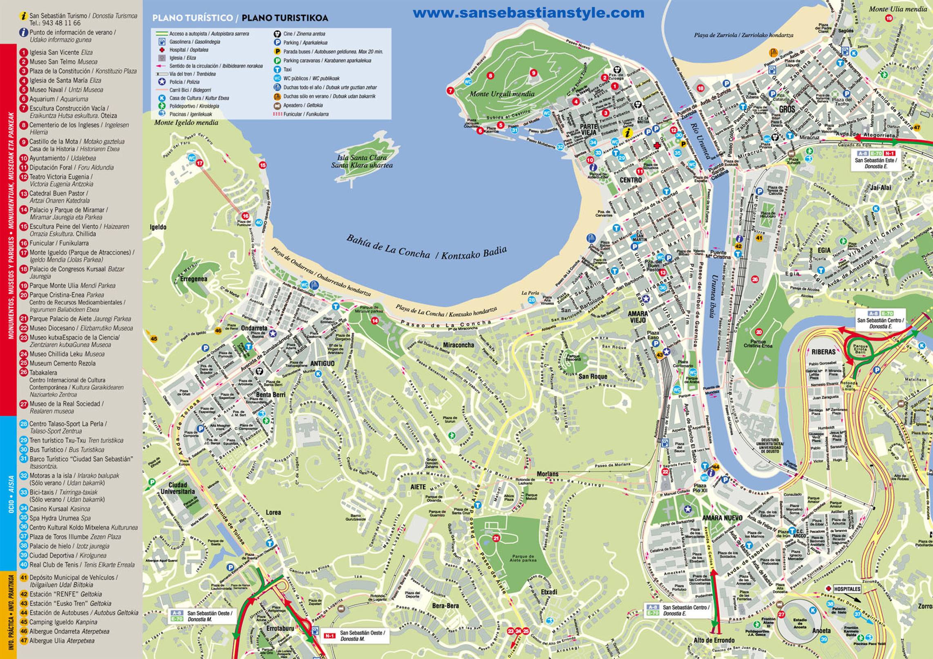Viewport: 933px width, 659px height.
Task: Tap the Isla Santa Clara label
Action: coord(362,158)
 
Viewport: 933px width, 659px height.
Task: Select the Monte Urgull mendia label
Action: coord(502,94)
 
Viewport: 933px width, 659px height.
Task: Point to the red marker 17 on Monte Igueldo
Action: coord(199,163)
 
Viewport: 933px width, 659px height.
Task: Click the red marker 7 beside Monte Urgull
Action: coord(450,91)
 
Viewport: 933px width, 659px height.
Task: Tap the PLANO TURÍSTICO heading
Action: coord(192,18)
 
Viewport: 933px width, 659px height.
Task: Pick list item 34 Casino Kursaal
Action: coord(60,509)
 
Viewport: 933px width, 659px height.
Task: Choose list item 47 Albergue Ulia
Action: coord(61,641)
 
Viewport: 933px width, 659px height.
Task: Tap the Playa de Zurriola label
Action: coord(743,35)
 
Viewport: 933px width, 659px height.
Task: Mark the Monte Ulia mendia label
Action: coord(897,9)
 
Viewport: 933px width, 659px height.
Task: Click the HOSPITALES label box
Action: coord(847,589)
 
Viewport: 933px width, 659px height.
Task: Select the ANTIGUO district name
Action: coord(322,363)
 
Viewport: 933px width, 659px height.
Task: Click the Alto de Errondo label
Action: coord(714,640)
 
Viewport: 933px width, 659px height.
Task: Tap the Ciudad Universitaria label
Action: coord(177,488)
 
